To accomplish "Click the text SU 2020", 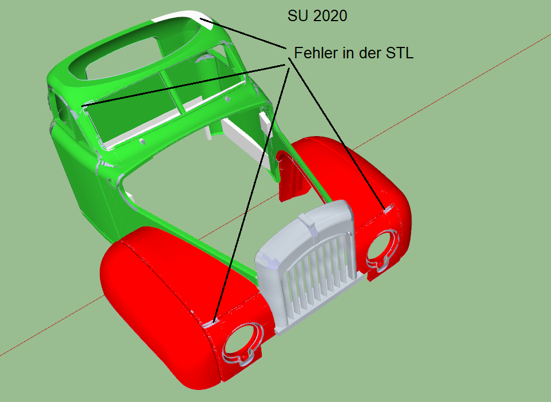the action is click(x=317, y=16).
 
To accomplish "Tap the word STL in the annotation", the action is click(x=400, y=53).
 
